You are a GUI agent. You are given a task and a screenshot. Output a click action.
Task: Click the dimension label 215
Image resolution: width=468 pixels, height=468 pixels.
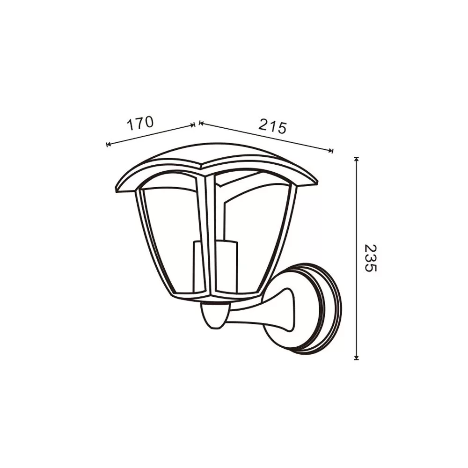pos(272,126)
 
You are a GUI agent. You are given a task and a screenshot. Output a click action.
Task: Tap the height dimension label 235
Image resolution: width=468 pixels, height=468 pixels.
pos(371,258)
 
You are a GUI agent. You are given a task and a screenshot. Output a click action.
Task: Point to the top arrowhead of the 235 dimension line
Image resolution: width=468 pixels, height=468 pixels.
pos(356,159)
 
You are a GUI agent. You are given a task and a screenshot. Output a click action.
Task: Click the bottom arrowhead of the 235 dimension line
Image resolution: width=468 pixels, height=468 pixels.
pos(356,357)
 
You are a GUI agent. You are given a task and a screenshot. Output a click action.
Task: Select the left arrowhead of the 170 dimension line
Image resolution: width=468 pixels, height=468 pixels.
pos(109,145)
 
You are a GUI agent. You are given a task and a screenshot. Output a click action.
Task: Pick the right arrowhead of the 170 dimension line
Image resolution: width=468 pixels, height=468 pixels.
pos(193,125)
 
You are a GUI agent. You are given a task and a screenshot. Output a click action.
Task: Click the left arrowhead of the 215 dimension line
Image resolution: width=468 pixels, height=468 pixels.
pos(201,123)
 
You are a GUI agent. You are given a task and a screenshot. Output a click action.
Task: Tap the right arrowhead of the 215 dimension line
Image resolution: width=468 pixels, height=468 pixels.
pos(330,150)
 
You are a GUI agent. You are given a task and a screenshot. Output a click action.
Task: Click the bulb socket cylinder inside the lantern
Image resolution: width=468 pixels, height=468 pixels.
pos(215,266)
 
